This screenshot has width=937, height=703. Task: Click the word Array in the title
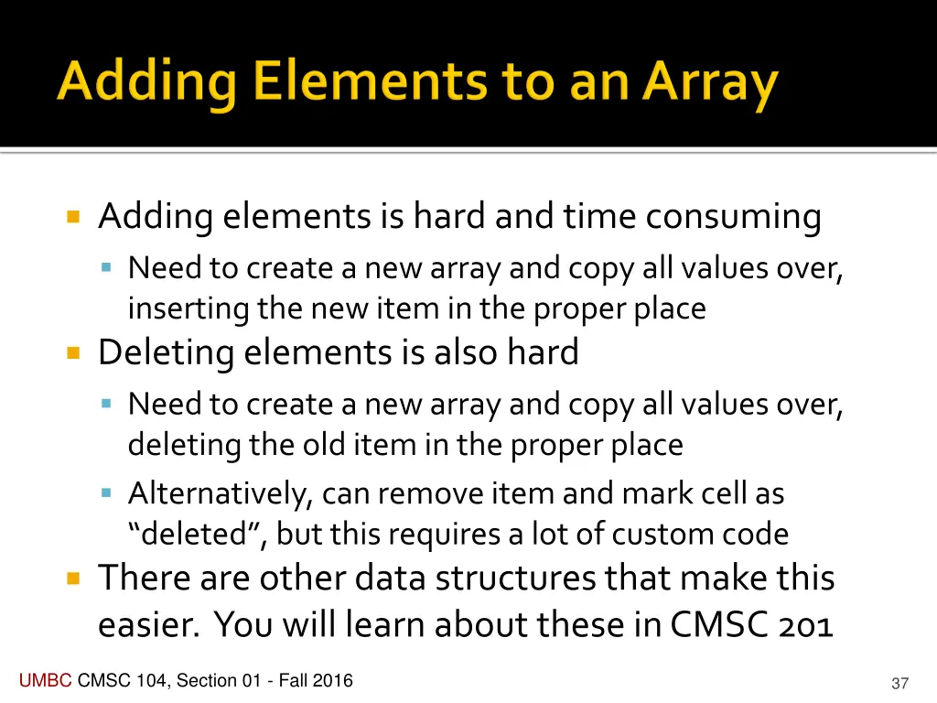[x=710, y=83]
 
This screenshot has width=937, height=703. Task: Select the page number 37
[x=899, y=684]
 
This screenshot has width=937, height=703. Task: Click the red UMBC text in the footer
[x=45, y=680]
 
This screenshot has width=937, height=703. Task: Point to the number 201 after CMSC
[x=803, y=625]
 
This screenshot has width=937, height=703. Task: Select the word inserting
[x=188, y=308]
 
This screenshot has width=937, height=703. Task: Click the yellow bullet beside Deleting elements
[x=74, y=352]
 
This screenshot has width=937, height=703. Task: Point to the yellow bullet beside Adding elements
[x=74, y=218]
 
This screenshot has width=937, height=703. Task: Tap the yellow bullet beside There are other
[x=74, y=579]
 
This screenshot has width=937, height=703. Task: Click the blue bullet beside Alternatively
[x=107, y=493]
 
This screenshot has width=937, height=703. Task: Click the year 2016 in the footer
[x=333, y=680]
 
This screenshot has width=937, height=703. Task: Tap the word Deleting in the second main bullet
[x=167, y=352]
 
